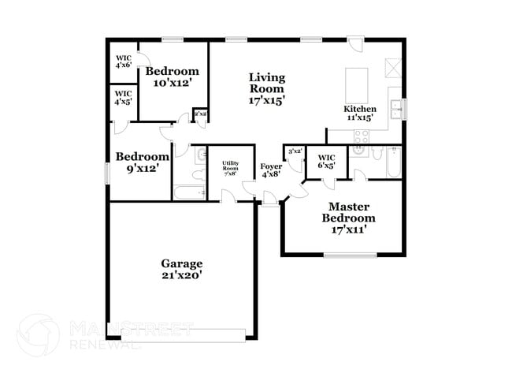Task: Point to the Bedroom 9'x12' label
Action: [x=143, y=162]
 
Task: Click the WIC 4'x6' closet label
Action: [x=123, y=62]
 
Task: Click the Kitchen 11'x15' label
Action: [x=359, y=113]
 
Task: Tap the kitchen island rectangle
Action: [x=357, y=83]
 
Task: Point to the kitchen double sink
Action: [x=402, y=107]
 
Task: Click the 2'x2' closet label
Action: [x=200, y=114]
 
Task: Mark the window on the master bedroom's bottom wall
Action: [x=350, y=255]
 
